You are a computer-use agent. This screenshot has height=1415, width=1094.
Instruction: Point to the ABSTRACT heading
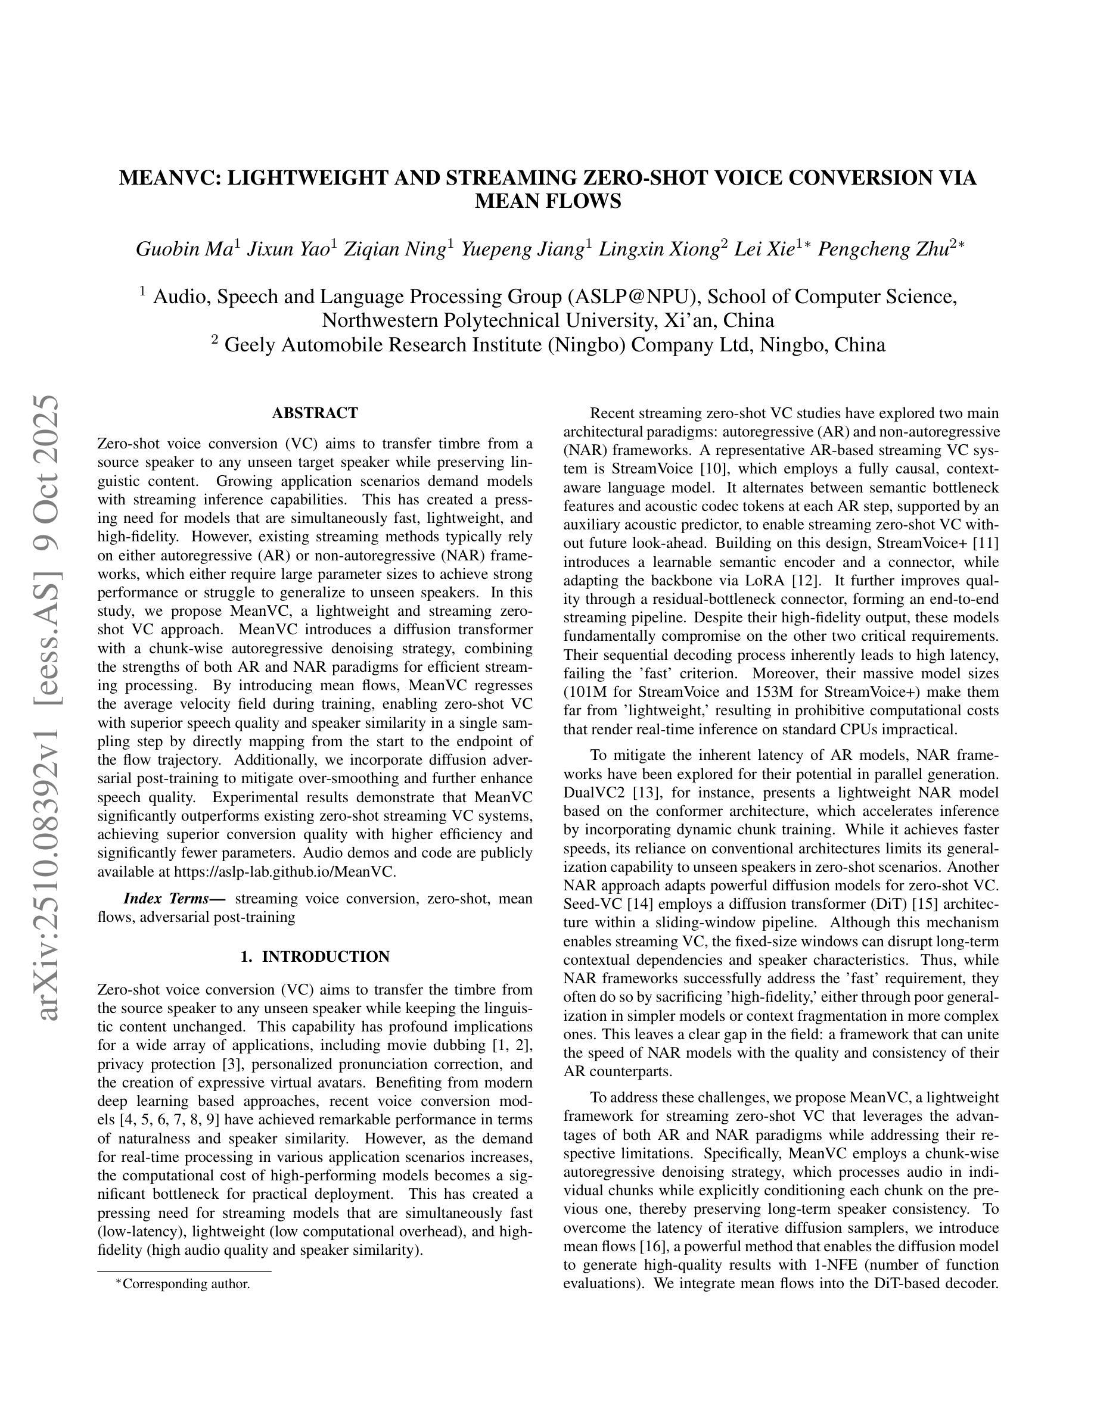(315, 413)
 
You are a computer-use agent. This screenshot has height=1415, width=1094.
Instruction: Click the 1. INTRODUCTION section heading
(315, 956)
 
